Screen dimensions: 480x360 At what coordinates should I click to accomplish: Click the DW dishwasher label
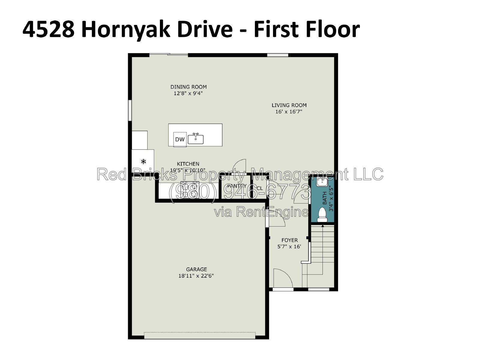(x=180, y=139)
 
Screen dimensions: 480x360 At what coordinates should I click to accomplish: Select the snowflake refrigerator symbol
(x=143, y=161)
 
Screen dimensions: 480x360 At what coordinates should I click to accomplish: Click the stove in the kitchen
(x=190, y=190)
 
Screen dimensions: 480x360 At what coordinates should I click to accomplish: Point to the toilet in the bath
(x=322, y=214)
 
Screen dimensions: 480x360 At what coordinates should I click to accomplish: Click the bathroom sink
(x=322, y=181)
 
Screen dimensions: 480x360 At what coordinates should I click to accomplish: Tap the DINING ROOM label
(x=188, y=87)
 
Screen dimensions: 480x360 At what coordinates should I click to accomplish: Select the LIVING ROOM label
(x=289, y=105)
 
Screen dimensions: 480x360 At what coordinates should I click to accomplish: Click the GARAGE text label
(x=196, y=269)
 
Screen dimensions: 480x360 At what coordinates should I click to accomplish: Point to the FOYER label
(x=289, y=240)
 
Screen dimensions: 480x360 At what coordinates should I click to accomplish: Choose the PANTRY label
(x=237, y=186)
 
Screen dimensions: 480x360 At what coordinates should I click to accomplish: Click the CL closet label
(x=259, y=188)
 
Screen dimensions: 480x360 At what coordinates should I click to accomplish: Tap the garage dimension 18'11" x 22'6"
(x=196, y=276)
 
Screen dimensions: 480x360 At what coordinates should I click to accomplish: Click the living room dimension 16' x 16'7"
(x=289, y=112)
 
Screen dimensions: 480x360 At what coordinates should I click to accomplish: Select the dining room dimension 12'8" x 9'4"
(x=188, y=93)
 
